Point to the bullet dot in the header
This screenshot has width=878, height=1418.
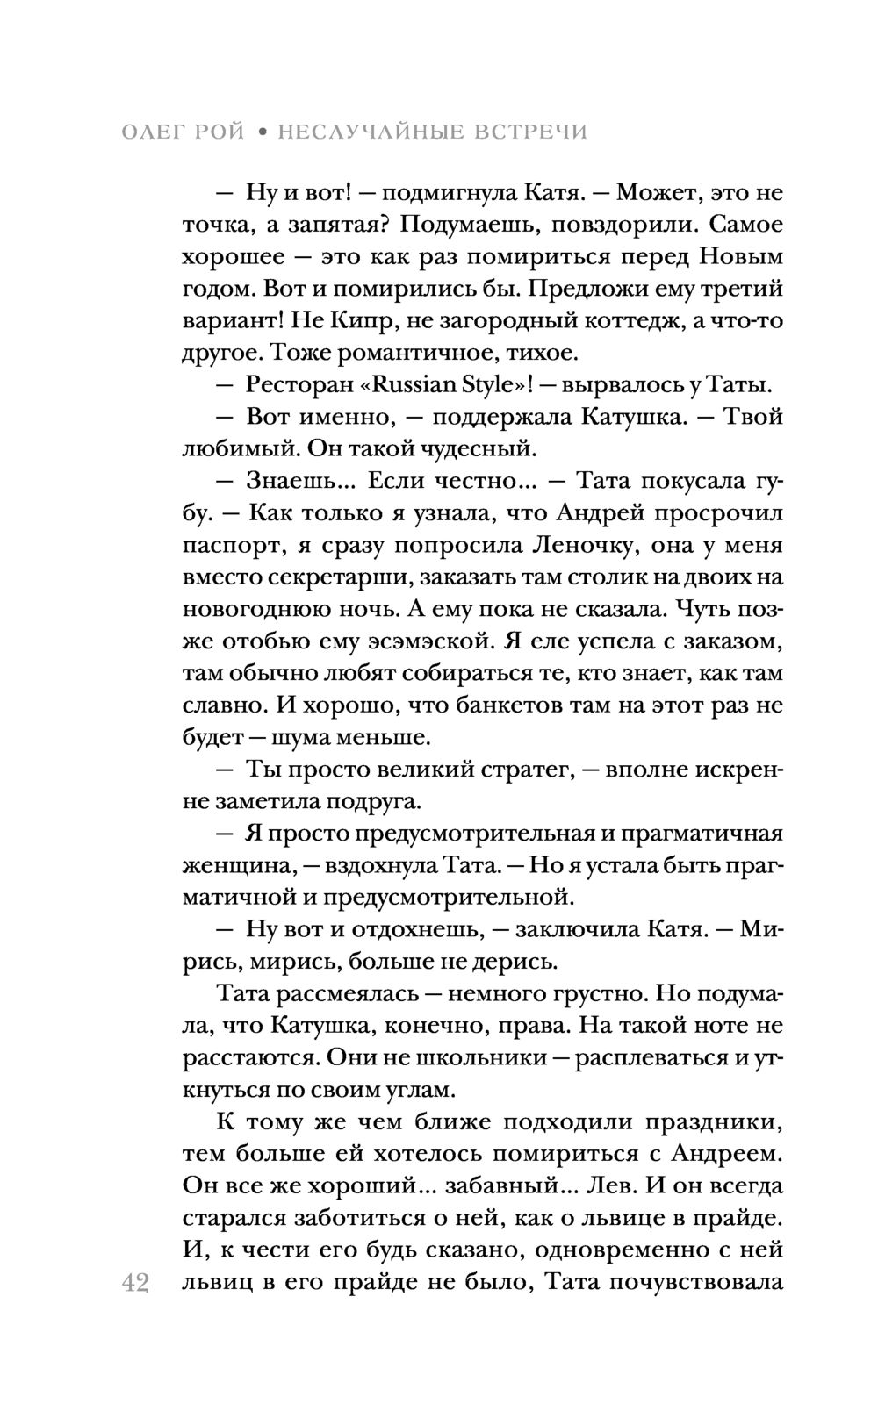tap(263, 133)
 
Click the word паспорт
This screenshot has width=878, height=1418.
tap(226, 545)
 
